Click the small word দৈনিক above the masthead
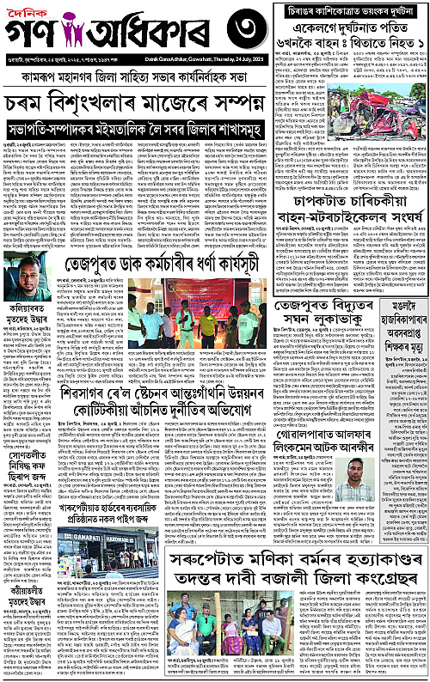(30, 13)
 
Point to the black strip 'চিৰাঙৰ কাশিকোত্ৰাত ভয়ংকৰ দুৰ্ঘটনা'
(353, 14)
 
